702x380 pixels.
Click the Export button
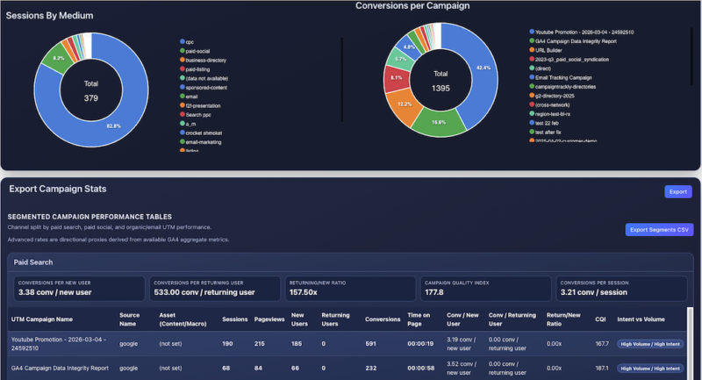pos(677,190)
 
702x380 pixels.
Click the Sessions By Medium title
pos(50,16)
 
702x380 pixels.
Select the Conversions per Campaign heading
pos(412,6)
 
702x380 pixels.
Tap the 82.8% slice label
pos(113,126)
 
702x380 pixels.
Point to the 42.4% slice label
pos(484,67)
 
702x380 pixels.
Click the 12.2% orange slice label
pos(405,104)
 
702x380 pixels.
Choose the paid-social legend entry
pos(201,51)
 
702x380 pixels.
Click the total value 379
pos(91,98)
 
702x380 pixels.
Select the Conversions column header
pos(383,319)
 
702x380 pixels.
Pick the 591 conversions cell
pos(372,344)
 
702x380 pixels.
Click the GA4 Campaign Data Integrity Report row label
pos(60,368)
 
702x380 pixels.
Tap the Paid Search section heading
pos(32,261)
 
